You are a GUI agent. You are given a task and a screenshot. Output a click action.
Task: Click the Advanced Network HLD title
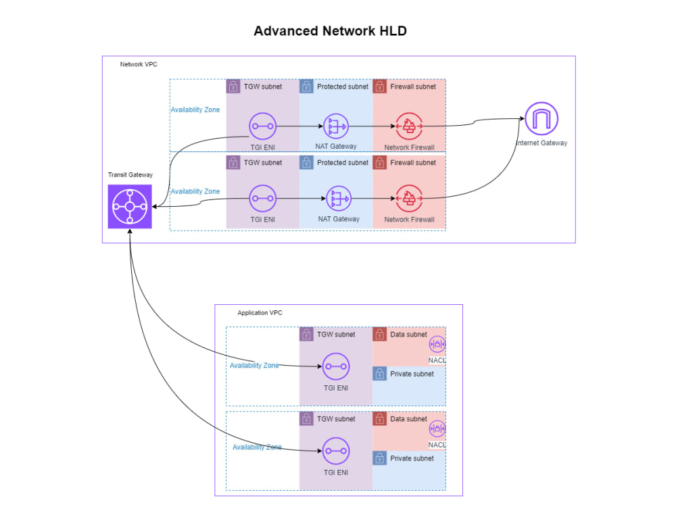pyautogui.click(x=330, y=31)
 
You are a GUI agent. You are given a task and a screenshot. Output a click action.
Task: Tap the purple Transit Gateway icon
pyautogui.click(x=130, y=206)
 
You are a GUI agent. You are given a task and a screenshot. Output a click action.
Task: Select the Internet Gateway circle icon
pyautogui.click(x=542, y=119)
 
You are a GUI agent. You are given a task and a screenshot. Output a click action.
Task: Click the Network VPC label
pyautogui.click(x=139, y=64)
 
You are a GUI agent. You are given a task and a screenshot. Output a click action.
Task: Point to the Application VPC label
pyautogui.click(x=260, y=313)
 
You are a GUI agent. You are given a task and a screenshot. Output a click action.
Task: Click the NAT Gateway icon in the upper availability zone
pyautogui.click(x=336, y=126)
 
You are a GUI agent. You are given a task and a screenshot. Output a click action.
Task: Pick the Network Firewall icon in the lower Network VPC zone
pyautogui.click(x=409, y=199)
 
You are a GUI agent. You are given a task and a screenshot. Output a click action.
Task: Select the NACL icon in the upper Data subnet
pyautogui.click(x=437, y=345)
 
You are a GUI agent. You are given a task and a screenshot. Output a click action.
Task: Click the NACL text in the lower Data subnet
pyautogui.click(x=437, y=445)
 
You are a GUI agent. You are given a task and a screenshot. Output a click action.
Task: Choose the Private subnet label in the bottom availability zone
pyautogui.click(x=412, y=458)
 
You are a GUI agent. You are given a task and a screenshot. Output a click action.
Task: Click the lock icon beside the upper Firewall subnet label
pyautogui.click(x=379, y=87)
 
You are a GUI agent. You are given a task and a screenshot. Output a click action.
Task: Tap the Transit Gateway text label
pyautogui.click(x=130, y=175)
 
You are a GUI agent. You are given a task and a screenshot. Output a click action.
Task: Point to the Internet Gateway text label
pyautogui.click(x=541, y=143)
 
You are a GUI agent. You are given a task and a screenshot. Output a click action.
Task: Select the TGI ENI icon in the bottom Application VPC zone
pyautogui.click(x=335, y=450)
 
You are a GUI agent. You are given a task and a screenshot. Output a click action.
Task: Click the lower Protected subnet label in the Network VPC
pyautogui.click(x=343, y=163)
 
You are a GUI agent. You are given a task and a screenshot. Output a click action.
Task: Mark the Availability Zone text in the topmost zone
pyautogui.click(x=195, y=110)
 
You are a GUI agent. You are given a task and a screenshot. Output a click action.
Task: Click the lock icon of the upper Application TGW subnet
pyautogui.click(x=306, y=335)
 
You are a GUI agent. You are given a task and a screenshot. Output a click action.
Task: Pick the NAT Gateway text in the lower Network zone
pyautogui.click(x=339, y=219)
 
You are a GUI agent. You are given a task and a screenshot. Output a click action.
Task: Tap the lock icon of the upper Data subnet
pyautogui.click(x=379, y=335)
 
